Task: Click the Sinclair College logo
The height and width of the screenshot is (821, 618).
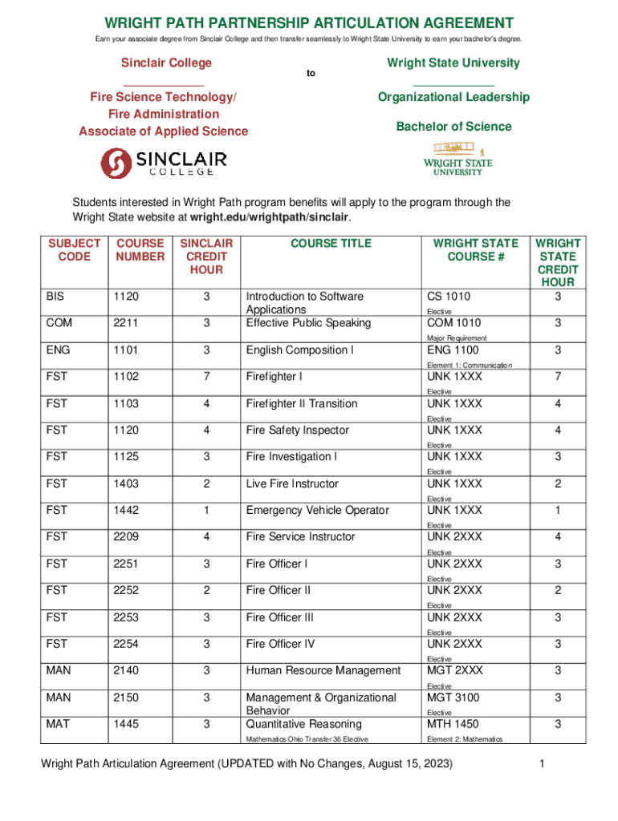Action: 163,161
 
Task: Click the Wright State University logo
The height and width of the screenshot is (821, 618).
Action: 458,159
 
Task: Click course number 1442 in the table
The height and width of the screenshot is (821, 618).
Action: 126,511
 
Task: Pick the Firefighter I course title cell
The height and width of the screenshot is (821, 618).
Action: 274,377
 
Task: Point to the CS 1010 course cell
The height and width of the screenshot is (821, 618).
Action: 449,297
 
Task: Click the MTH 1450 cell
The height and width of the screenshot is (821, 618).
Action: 453,724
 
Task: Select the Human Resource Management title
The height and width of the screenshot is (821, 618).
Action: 323,670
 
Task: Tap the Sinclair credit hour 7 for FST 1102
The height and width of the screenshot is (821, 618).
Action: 206,377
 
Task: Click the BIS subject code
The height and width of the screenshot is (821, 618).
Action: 56,297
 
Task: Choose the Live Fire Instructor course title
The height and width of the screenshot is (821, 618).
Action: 292,483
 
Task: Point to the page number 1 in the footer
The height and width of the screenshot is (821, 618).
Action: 543,764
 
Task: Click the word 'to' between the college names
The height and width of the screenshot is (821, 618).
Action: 311,74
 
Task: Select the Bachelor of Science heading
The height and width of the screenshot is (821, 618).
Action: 453,127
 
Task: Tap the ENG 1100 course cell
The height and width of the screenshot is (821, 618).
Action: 453,350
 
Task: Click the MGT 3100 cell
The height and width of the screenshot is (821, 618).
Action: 453,698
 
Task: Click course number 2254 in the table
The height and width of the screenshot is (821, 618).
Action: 126,644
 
